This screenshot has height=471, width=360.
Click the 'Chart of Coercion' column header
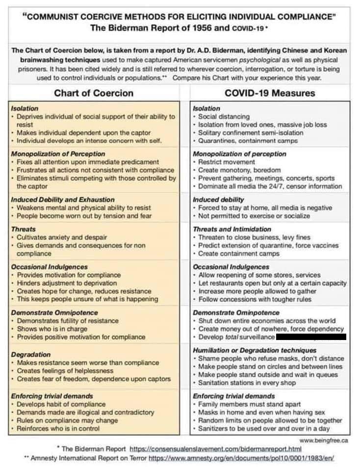click(93, 93)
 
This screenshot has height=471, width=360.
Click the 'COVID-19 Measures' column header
click(270, 93)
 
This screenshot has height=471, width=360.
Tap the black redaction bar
click(311, 337)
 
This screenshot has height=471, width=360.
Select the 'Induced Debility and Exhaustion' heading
click(62, 200)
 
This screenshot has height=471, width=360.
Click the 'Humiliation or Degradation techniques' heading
click(255, 350)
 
